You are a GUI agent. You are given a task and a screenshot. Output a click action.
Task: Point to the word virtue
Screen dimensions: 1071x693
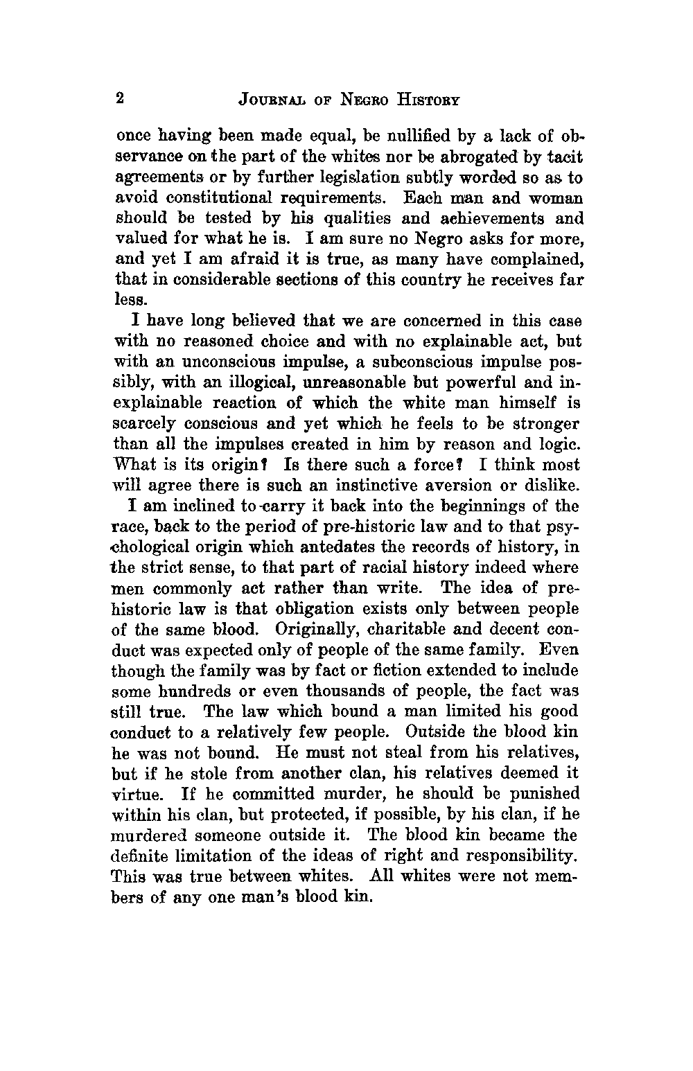[x=135, y=794]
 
